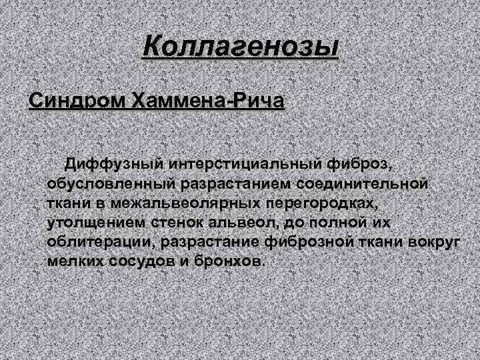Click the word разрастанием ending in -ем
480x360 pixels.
coord(217,182)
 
